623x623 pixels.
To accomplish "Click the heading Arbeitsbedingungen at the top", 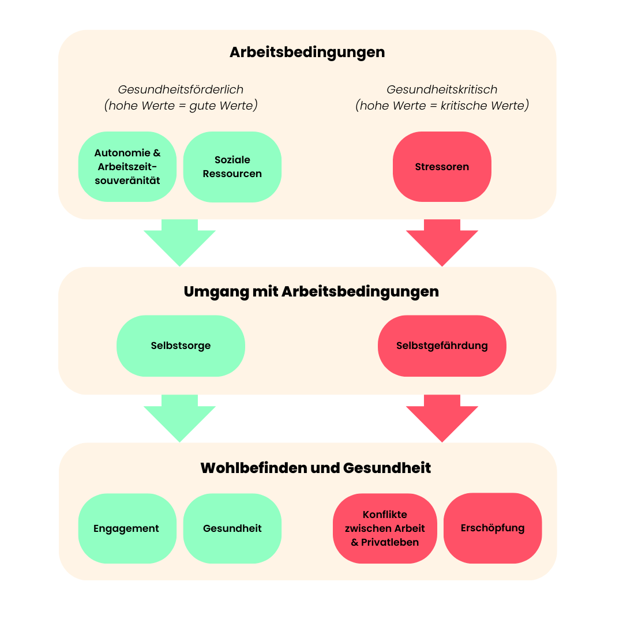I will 307,52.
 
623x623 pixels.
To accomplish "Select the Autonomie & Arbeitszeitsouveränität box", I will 127,167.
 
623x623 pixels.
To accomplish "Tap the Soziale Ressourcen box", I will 232,167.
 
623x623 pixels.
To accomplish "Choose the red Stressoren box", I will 442,167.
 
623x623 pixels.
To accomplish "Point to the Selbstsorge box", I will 181,346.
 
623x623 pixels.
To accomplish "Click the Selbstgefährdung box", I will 442,346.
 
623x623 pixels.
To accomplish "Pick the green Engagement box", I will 127,528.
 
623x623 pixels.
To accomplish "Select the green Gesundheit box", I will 232,528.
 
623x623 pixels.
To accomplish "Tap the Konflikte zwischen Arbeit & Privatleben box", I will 385,528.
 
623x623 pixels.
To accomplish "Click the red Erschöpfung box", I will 493,528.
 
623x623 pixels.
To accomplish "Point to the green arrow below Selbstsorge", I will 179,417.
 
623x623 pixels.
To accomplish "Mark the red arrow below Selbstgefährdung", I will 442,417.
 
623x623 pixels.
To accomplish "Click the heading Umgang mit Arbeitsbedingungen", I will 311,291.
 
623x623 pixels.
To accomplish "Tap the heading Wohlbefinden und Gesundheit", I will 316,467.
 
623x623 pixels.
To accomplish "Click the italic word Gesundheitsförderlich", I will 181,90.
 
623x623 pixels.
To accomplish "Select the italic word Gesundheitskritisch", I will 442,90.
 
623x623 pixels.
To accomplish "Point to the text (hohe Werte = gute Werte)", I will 181,106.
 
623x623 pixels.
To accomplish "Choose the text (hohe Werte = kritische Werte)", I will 442,106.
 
